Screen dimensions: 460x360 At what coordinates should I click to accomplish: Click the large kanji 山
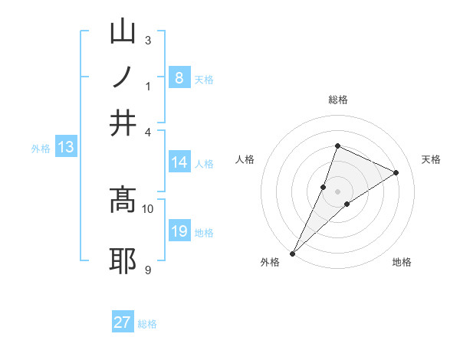pyautogui.click(x=123, y=32)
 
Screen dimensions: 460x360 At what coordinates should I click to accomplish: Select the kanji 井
pyautogui.click(x=123, y=123)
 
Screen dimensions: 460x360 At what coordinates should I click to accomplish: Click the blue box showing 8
pyautogui.click(x=179, y=78)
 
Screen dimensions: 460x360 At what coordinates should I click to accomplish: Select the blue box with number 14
pyautogui.click(x=179, y=162)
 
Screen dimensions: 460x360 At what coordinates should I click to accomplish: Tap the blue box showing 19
pyautogui.click(x=179, y=231)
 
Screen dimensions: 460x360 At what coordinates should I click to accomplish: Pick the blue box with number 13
pyautogui.click(x=66, y=148)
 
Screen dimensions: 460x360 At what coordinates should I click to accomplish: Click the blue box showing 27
pyautogui.click(x=123, y=322)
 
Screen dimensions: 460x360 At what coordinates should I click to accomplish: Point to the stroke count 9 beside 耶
pyautogui.click(x=147, y=270)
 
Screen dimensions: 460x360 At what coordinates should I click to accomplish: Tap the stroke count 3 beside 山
pyautogui.click(x=147, y=40)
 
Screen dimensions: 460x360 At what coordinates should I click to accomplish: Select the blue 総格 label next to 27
pyautogui.click(x=147, y=324)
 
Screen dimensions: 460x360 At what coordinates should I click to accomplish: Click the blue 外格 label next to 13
pyautogui.click(x=41, y=149)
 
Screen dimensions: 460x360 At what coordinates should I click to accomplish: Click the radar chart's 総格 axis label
pyautogui.click(x=337, y=100)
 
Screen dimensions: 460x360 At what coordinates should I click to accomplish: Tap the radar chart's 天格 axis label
pyautogui.click(x=432, y=159)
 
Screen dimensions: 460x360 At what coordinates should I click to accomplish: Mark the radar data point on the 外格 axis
pyautogui.click(x=293, y=253)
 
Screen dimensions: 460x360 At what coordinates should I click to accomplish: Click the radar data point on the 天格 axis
pyautogui.click(x=396, y=172)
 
